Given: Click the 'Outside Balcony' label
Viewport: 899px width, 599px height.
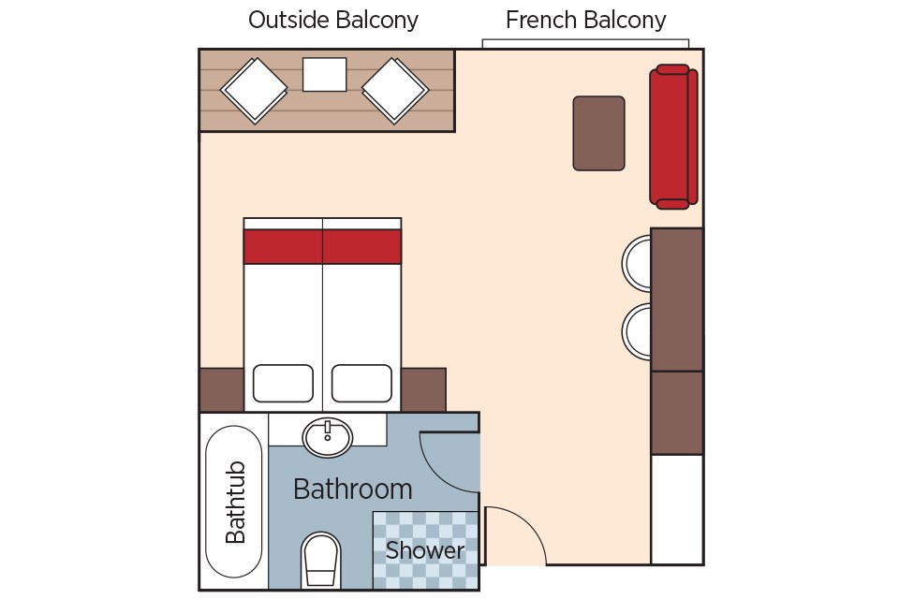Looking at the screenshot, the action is pyautogui.click(x=333, y=21).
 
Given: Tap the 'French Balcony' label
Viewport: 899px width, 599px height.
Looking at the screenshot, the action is pyautogui.click(x=585, y=21).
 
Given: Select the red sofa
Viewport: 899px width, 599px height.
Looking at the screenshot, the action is pyautogui.click(x=673, y=137).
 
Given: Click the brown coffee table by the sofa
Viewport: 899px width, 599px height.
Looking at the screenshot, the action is pyautogui.click(x=598, y=133).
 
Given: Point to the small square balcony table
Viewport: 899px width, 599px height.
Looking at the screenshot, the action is pyautogui.click(x=325, y=75).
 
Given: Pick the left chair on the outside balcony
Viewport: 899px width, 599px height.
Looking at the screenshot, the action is pyautogui.click(x=254, y=91).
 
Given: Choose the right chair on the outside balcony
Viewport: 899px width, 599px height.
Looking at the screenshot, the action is pyautogui.click(x=395, y=91).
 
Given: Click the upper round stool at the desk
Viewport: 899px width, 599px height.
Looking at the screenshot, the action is pyautogui.click(x=637, y=263).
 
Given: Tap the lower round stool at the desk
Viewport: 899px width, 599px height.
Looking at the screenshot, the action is pyautogui.click(x=637, y=331).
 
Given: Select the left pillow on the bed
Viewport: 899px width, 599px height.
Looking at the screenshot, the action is pyautogui.click(x=283, y=384).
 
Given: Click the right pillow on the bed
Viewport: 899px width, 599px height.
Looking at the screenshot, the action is pyautogui.click(x=361, y=384).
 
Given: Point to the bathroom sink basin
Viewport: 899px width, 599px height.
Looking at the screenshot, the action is pyautogui.click(x=328, y=437).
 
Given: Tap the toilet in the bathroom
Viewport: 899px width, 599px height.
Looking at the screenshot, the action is pyautogui.click(x=320, y=561).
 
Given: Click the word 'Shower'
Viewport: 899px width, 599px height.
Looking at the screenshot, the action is pyautogui.click(x=425, y=550).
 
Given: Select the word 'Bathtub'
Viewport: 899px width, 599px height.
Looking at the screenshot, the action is pyautogui.click(x=235, y=502).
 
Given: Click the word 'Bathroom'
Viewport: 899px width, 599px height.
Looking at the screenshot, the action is pyautogui.click(x=353, y=489).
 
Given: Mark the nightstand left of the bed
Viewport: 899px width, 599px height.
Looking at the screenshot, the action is pyautogui.click(x=221, y=389).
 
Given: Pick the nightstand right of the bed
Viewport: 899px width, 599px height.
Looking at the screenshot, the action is pyautogui.click(x=423, y=389).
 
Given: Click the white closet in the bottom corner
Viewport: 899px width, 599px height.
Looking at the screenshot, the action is pyautogui.click(x=677, y=509).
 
